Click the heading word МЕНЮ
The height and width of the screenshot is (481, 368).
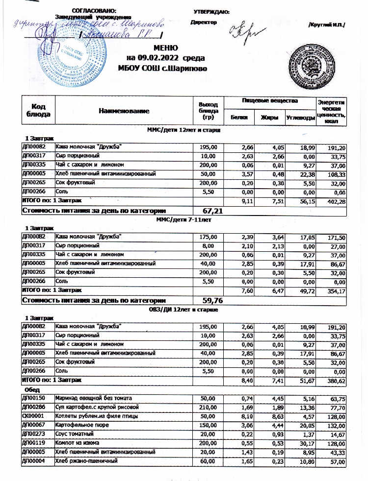click(164, 48)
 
